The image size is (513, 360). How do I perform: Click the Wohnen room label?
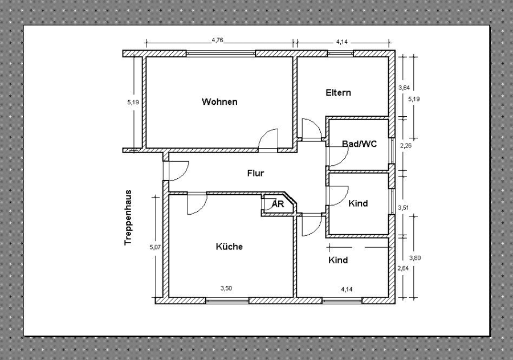click(219, 102)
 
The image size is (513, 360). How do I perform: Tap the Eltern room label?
click(339, 92)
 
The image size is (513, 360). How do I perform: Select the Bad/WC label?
click(359, 144)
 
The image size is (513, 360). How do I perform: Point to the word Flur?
click(255, 173)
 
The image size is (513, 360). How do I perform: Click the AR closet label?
click(278, 203)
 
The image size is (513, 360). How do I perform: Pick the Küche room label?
click(229, 247)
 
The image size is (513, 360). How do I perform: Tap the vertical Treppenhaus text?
click(128, 218)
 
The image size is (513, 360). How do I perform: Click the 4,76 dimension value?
click(217, 40)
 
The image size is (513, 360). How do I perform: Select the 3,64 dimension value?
click(404, 87)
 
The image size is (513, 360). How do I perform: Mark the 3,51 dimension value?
click(404, 207)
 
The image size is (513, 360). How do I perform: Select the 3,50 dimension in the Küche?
click(226, 288)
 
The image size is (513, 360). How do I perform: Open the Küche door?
click(197, 204)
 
